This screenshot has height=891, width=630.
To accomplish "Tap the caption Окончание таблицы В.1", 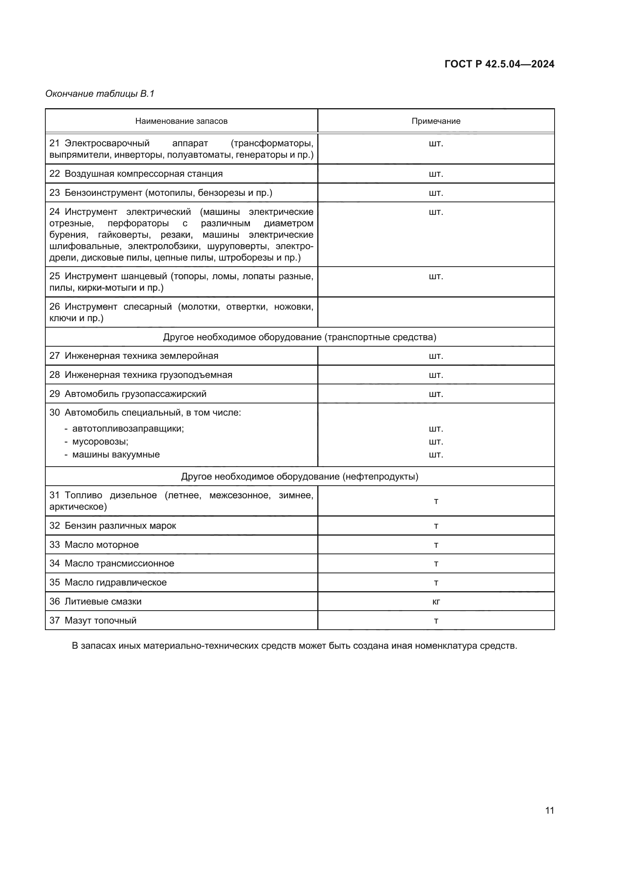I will click(x=100, y=94).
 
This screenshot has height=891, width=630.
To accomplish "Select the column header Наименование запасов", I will click(x=181, y=121).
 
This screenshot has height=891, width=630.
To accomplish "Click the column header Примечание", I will click(x=436, y=121).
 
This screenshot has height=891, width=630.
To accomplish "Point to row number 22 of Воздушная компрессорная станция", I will click(x=54, y=174).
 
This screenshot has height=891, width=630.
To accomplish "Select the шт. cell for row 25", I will click(x=436, y=276).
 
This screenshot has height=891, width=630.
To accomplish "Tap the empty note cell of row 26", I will click(x=436, y=312).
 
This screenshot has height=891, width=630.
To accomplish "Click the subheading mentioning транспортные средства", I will click(x=299, y=337).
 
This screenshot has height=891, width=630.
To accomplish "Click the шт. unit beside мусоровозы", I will click(x=436, y=442).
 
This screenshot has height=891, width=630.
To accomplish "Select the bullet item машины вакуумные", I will click(x=116, y=454).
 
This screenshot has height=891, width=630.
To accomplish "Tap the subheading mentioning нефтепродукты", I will click(x=299, y=477).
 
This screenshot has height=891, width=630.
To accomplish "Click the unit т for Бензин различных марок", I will click(x=436, y=526).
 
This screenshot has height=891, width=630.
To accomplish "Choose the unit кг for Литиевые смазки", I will click(x=436, y=602).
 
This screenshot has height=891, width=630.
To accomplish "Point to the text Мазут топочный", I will click(x=101, y=621).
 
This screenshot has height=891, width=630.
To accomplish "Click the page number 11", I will click(x=549, y=811).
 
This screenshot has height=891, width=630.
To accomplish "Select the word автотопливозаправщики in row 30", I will click(x=128, y=429).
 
